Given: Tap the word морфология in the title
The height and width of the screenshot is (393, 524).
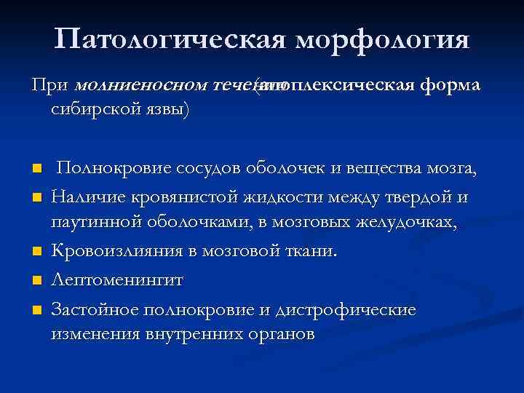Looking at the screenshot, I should click(x=382, y=39).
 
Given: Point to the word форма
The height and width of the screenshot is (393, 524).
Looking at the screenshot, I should click(x=453, y=86).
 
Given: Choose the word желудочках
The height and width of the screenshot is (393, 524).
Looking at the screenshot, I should click(x=410, y=224).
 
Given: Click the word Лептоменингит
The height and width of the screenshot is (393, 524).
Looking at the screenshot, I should click(x=118, y=280).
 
